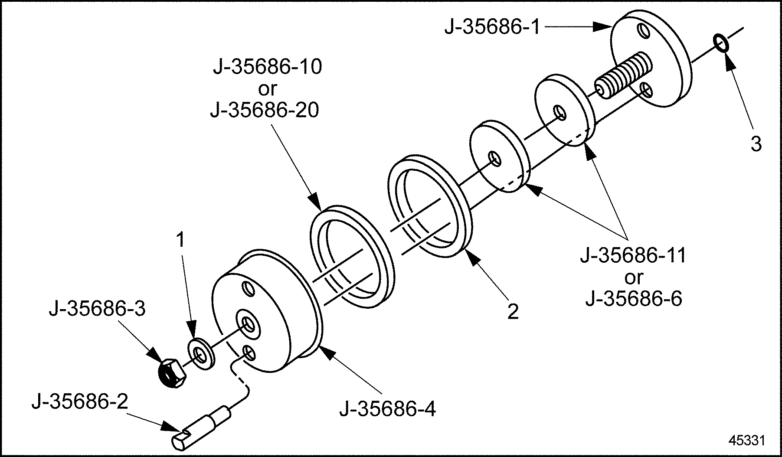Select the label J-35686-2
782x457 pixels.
coord(80,402)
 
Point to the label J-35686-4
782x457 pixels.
coord(387,408)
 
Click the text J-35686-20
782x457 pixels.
coord(265,111)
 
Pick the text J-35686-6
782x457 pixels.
coord(634,298)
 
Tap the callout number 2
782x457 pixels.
coord(513,311)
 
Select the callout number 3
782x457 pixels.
coord(756,144)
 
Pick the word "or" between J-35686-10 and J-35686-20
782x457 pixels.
coord(267,89)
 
